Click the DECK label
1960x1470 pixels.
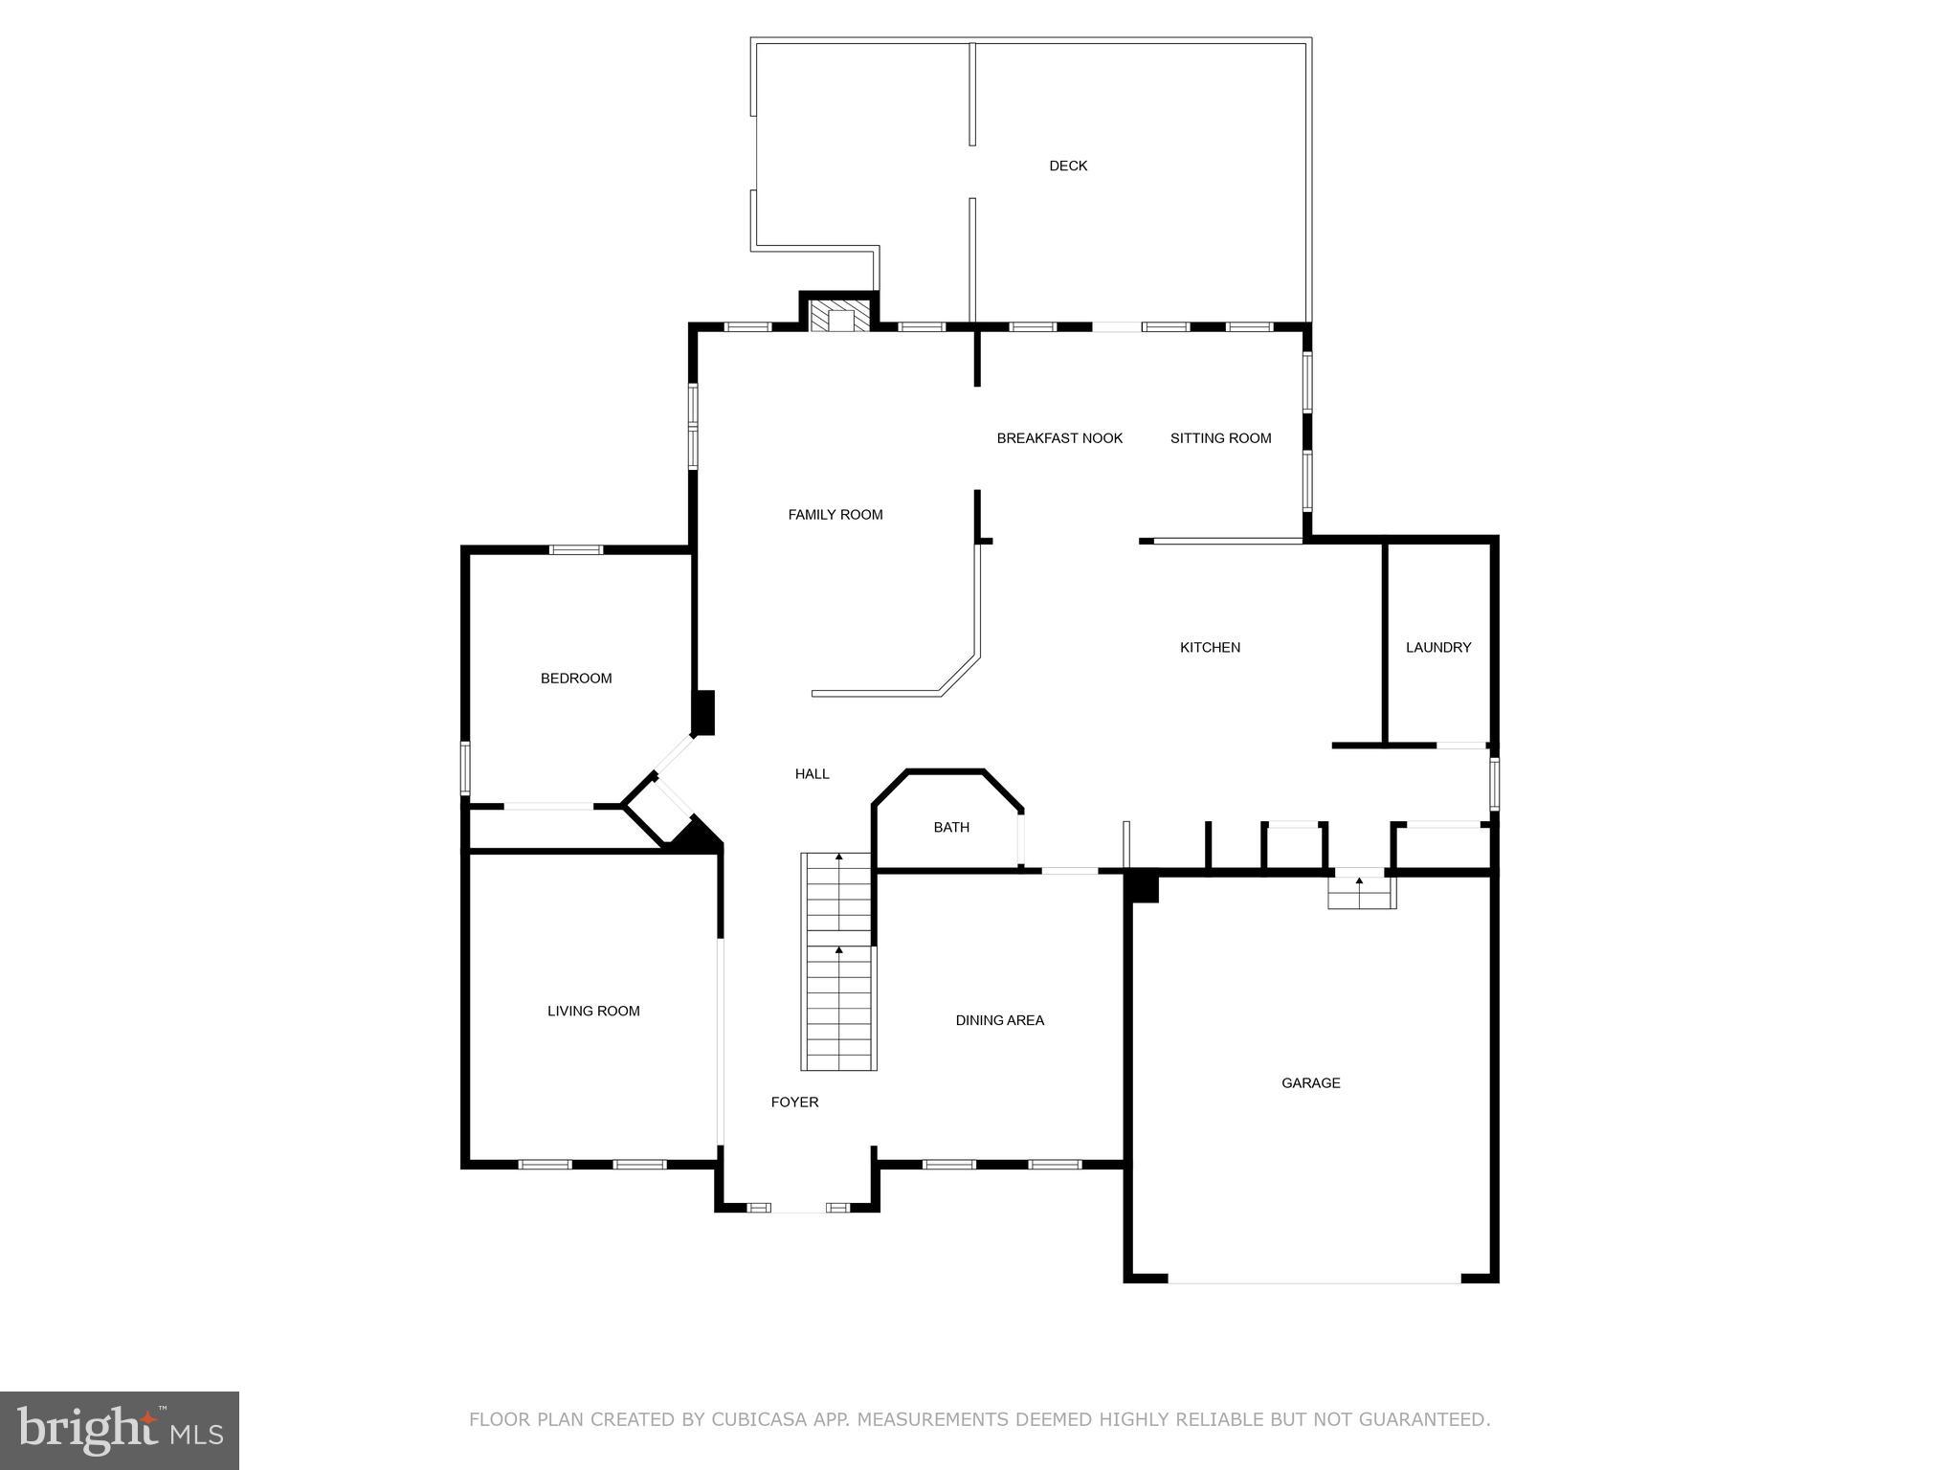click(1068, 166)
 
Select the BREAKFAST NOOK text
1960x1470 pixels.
click(1059, 438)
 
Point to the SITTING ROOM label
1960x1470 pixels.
click(1220, 438)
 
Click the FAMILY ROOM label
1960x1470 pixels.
click(835, 515)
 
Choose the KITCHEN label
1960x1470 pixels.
click(1210, 648)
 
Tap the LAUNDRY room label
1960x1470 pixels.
click(1437, 648)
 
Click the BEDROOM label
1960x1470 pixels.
click(576, 679)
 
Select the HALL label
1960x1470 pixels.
click(812, 774)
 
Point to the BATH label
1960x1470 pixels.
click(951, 828)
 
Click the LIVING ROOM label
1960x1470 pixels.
click(593, 1012)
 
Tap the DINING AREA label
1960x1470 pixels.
click(999, 1020)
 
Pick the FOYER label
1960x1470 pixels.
click(794, 1102)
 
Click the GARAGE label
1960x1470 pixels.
click(1310, 1083)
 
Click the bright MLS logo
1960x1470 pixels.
click(120, 1430)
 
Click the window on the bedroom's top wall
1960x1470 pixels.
click(576, 549)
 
